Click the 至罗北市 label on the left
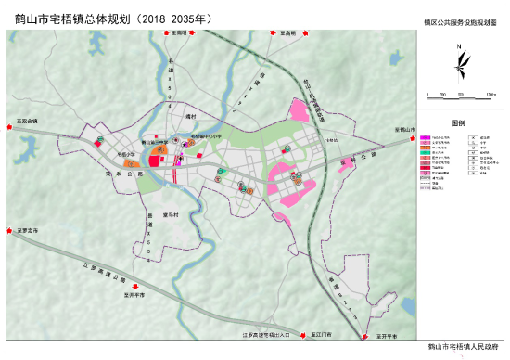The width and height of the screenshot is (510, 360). (x=27, y=230)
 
